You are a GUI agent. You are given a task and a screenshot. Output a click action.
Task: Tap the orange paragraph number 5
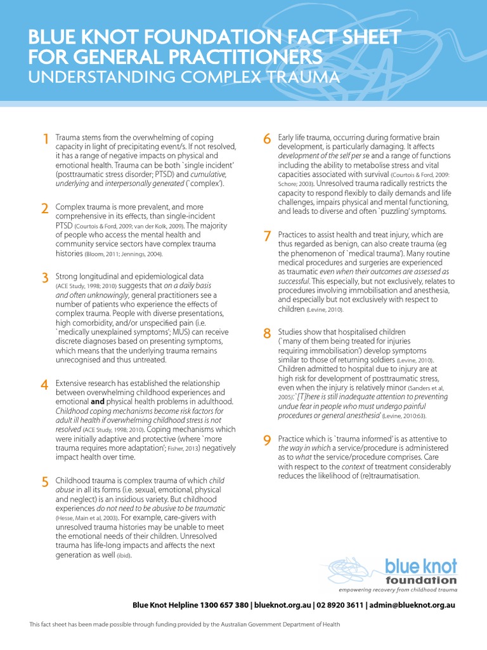pyautogui.click(x=44, y=482)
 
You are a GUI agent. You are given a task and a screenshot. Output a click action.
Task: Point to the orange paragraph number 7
pyautogui.click(x=267, y=237)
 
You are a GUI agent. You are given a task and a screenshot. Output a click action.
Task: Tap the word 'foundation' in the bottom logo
pyautogui.click(x=420, y=580)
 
